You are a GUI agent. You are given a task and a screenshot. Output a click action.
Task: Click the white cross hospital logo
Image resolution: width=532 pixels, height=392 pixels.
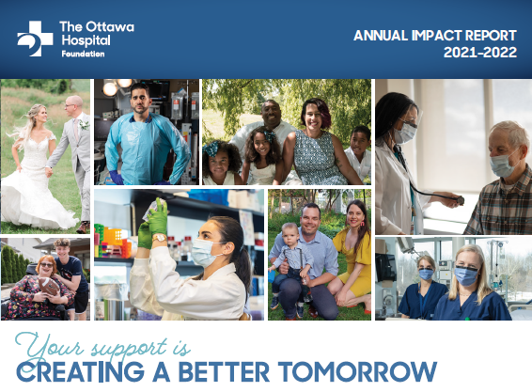pos(36,39)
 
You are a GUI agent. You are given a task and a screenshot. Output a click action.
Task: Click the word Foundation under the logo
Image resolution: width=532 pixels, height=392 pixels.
pos(83,54)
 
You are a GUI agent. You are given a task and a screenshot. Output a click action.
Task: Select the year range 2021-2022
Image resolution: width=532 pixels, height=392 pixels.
pos(480,53)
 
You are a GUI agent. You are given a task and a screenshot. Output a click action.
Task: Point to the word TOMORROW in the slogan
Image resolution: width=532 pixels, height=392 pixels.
pos(357,371)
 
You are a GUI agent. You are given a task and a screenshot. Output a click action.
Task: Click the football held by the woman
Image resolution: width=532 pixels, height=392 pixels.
pos(50,286)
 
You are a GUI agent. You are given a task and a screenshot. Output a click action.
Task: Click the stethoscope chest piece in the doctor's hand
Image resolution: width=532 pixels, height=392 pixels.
pos(460,200)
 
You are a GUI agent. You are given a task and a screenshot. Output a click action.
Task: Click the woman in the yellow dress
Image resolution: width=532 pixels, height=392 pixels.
pos(351,257)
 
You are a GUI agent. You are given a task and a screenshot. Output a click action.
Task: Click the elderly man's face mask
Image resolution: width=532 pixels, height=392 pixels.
pos(503,165)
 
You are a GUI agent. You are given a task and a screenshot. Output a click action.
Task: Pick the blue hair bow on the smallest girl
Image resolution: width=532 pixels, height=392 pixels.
pos(211,149)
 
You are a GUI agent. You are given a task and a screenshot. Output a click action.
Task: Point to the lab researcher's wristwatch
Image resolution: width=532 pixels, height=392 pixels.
pos(159,238)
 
